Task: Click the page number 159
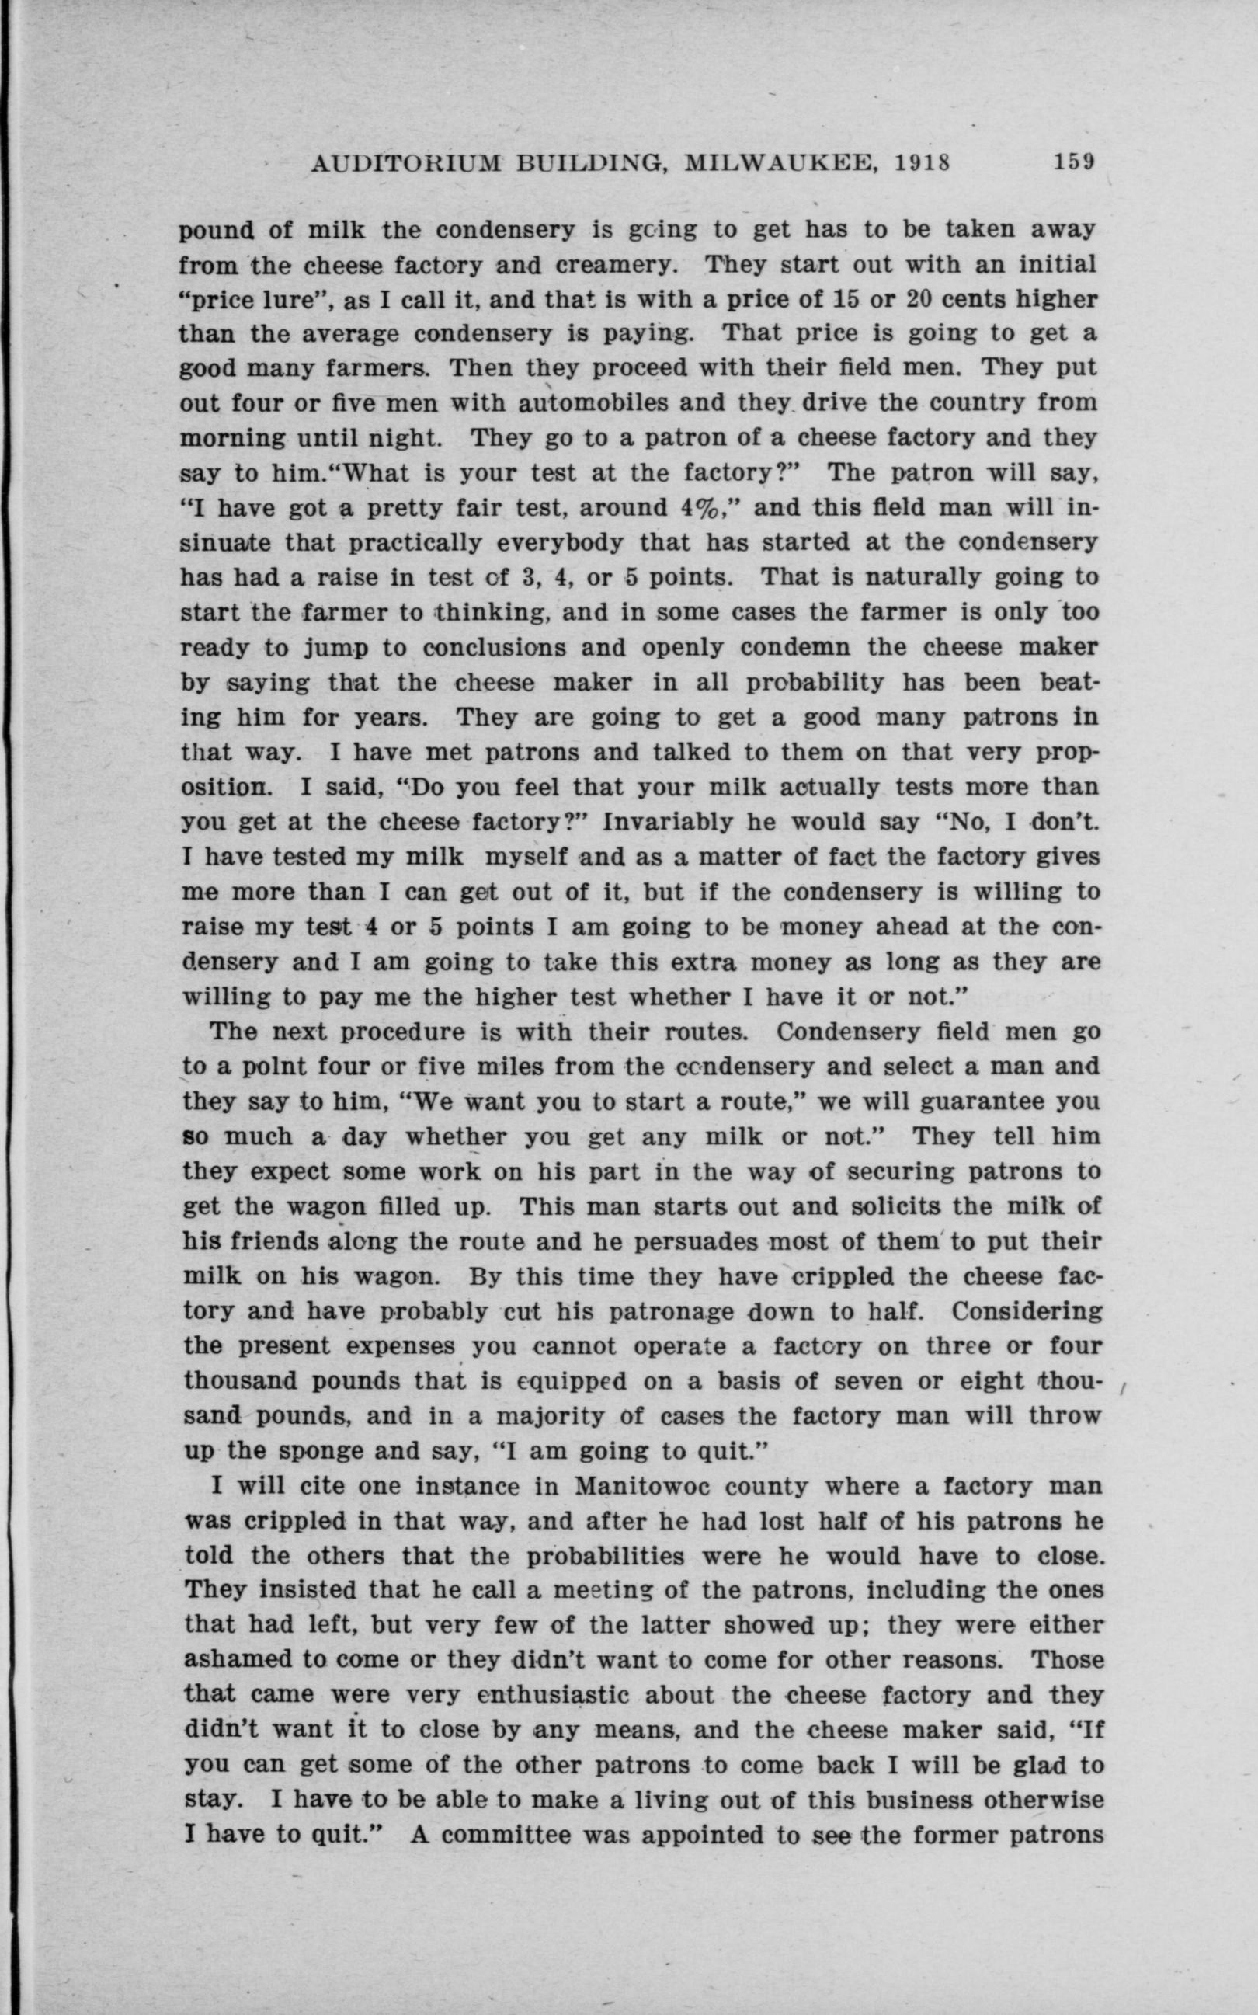1075,162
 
